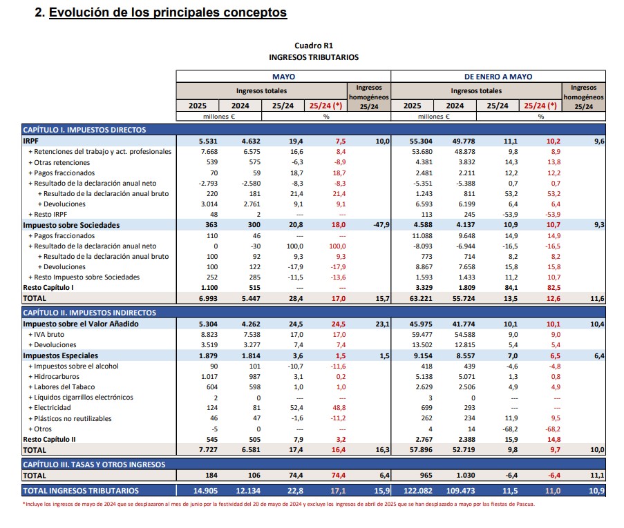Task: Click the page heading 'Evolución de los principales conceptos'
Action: click(x=168, y=12)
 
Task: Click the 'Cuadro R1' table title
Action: click(x=314, y=45)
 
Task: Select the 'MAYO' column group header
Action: click(x=283, y=77)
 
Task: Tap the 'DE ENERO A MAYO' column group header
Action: click(x=498, y=77)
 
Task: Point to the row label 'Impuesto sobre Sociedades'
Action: click(x=71, y=225)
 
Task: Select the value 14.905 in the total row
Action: click(x=197, y=491)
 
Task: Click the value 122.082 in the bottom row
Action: click(x=410, y=491)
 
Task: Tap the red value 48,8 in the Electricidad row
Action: click(x=326, y=408)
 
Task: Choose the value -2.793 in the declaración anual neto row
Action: click(x=197, y=183)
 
